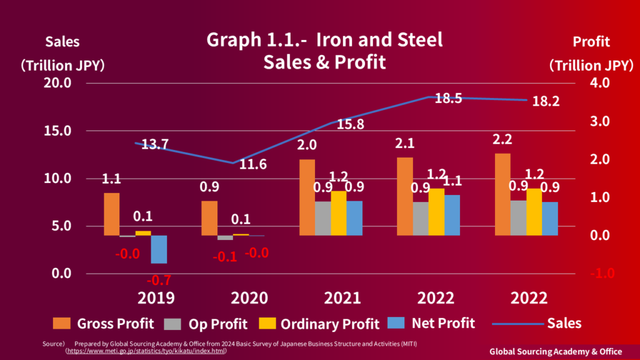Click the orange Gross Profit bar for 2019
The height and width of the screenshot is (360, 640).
(x=111, y=214)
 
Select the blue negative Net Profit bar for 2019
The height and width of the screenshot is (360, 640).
(x=159, y=249)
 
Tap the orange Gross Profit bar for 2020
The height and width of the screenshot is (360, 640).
(x=209, y=218)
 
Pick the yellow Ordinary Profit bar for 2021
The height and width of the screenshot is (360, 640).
(x=339, y=213)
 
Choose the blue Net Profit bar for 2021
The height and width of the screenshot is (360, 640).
(x=354, y=218)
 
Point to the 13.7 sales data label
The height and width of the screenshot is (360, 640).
(x=154, y=145)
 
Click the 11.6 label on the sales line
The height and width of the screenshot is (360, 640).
(x=253, y=165)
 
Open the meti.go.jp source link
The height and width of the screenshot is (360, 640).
(x=146, y=351)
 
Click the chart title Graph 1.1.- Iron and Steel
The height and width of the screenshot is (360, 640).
(x=324, y=40)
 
